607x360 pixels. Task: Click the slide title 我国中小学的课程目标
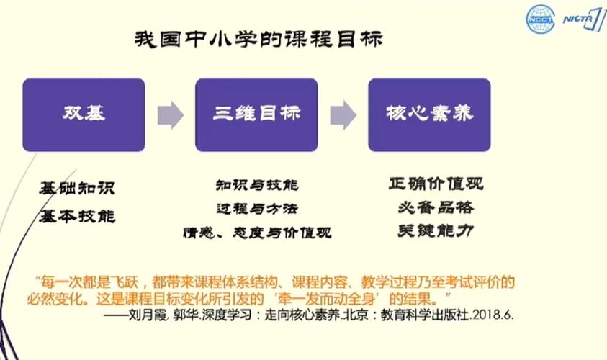tap(258, 40)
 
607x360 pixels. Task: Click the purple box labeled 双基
tap(84, 114)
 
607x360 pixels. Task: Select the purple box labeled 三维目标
tap(256, 114)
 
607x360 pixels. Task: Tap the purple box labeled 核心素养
tap(429, 114)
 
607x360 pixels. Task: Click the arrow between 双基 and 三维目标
tap(171, 115)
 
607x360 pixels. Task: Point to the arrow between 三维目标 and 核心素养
tap(343, 115)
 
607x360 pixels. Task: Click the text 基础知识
tap(77, 188)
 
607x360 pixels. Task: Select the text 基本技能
tap(77, 216)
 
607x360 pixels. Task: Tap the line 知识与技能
tap(257, 185)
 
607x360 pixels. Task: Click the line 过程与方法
tap(257, 209)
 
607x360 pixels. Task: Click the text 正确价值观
tap(436, 184)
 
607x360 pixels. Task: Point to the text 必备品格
tap(436, 207)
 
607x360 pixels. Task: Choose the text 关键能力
tap(436, 231)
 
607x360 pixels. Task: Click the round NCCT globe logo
tap(541, 19)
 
